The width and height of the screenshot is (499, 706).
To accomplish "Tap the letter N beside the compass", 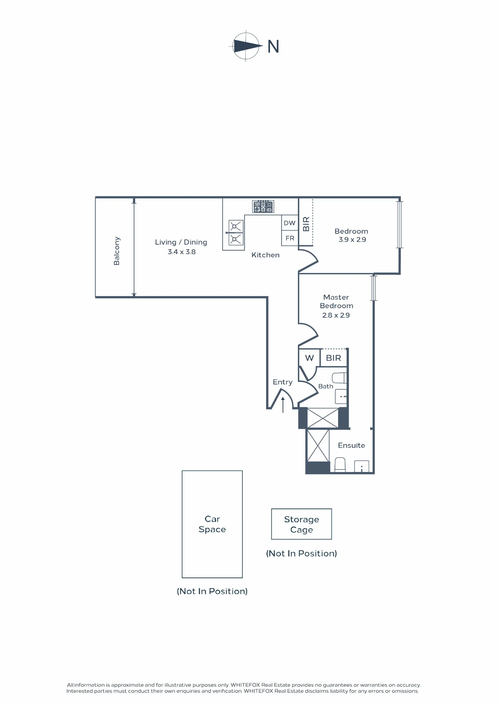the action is coord(273,47).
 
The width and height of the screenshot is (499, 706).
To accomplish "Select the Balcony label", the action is coord(117,251).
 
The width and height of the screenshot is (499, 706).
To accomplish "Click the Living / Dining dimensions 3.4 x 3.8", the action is coord(181,252).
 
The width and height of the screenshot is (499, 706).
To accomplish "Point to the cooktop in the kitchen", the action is coord(263,206).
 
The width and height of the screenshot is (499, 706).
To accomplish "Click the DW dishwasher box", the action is coord(290,223).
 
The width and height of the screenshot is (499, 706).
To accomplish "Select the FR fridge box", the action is coord(290,238).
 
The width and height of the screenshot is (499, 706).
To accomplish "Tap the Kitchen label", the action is coord(265,255).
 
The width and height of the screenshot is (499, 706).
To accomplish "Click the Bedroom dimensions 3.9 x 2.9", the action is coord(352,239).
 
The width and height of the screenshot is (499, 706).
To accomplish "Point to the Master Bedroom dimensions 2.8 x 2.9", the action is coord(336,315).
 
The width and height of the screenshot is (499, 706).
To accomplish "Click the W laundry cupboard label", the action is coord(309,358).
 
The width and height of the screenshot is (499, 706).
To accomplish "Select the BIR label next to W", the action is coord(333,358).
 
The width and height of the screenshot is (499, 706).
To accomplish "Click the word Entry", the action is coord(283,382).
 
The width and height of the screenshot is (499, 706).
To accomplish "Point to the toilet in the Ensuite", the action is coord(340,465).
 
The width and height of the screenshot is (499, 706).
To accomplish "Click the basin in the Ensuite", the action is coord(361,466).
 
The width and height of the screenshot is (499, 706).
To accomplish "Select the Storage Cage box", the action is coord(302,524).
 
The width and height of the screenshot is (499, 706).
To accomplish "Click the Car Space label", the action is coord(212,524).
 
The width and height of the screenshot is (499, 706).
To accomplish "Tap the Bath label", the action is coord(326,386).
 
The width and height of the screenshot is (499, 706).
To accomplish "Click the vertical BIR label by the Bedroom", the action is coord(306,224).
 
